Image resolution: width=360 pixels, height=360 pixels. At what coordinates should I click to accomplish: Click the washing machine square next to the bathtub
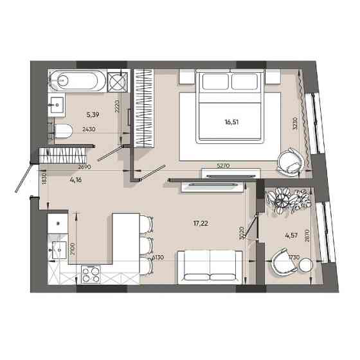118,80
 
